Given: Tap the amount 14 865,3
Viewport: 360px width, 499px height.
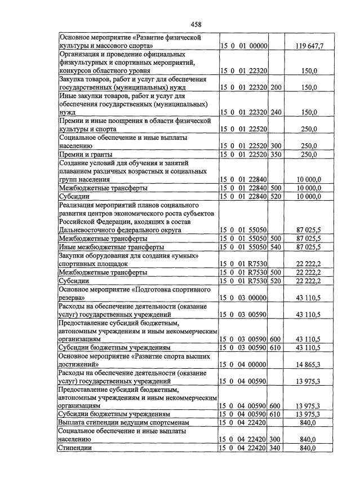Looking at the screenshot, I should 308,365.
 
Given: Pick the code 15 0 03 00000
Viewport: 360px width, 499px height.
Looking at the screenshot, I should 243,297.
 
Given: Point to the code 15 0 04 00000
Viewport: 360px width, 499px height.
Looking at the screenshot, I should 243,365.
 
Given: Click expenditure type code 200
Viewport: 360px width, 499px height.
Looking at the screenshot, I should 275,87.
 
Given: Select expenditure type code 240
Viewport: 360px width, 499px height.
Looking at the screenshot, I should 275,113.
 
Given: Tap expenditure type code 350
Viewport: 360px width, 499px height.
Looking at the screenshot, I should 275,154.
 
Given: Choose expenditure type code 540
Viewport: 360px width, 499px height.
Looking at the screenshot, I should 275,247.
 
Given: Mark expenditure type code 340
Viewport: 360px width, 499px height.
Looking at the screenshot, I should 275,448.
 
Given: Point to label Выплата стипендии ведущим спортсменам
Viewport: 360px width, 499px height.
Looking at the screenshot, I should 123,422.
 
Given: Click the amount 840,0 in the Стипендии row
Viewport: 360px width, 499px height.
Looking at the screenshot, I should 308,448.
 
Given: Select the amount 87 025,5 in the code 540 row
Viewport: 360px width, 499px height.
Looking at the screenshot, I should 308,247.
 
